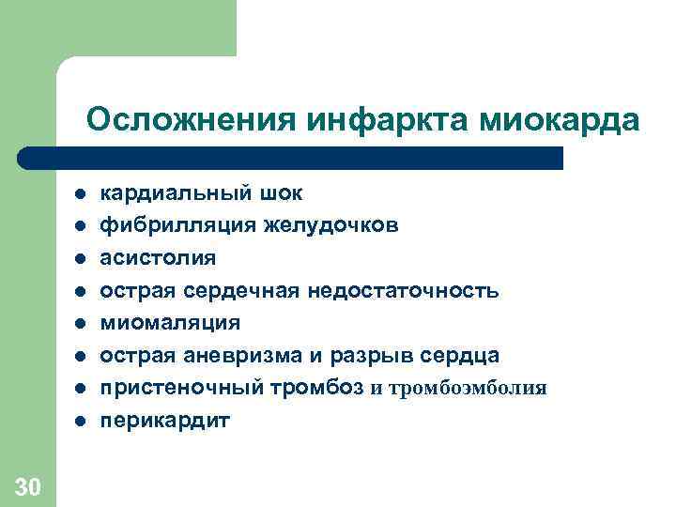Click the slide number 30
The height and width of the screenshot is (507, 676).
(28, 485)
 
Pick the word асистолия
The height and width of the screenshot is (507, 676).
(158, 258)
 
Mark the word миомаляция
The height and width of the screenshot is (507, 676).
(170, 323)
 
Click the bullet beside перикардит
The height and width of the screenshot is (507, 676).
(81, 421)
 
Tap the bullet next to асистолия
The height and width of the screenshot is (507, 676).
(81, 258)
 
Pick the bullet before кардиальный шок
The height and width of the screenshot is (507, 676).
(81, 194)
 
